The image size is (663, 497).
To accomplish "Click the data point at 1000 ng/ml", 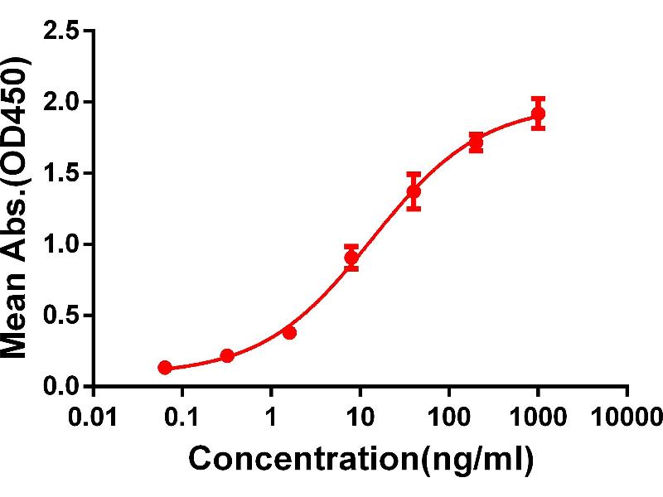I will [538, 114].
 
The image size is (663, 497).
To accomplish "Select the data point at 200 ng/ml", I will [476, 142].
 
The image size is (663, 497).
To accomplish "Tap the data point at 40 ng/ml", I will [414, 192].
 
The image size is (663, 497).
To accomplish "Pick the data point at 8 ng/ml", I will [351, 258].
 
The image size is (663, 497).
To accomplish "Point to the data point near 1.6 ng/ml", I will [289, 332].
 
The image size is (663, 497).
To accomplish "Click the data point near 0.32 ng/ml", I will [227, 356].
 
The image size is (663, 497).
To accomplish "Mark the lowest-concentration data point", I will [165, 367].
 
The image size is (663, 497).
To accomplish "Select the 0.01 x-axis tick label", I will [94, 415].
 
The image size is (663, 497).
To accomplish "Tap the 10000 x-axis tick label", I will [627, 415].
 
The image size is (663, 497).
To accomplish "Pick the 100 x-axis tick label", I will [449, 415].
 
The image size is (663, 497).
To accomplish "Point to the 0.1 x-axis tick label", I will [182, 415].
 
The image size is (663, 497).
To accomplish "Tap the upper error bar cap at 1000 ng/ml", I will [538, 99].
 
